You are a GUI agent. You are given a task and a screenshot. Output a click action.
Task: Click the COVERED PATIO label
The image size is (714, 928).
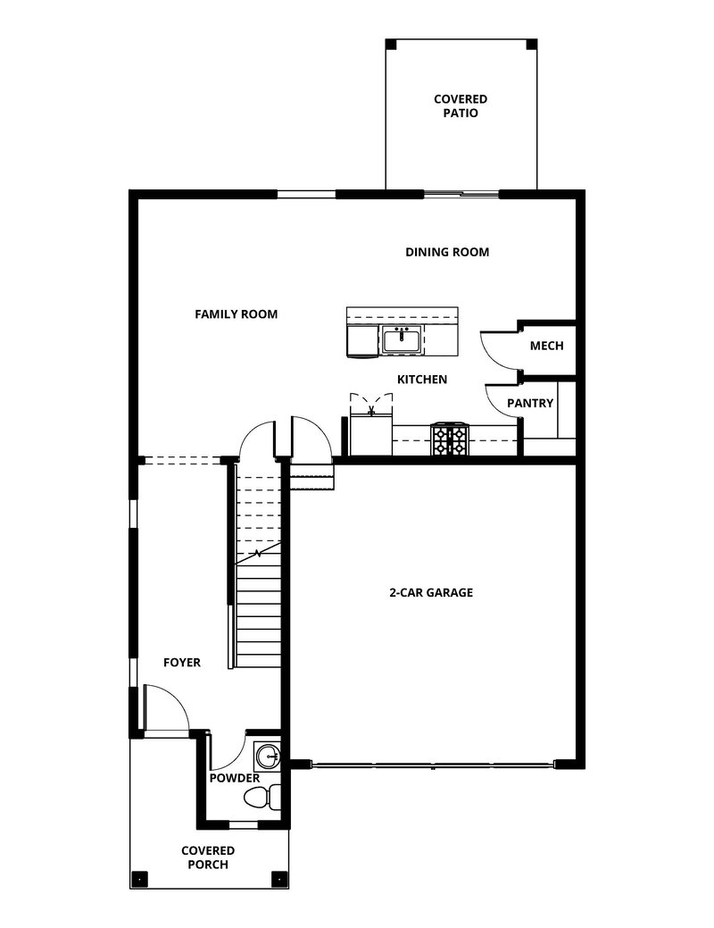point(461,106)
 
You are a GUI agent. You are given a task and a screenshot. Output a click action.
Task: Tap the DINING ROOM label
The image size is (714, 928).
point(447,253)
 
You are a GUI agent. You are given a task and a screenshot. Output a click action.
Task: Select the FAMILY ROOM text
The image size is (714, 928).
point(237,314)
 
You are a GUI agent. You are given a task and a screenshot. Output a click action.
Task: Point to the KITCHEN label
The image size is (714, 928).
point(422,380)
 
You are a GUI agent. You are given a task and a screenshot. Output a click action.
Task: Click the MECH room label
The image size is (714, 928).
point(546,346)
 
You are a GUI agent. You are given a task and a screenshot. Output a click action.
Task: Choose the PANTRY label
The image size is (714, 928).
point(530,404)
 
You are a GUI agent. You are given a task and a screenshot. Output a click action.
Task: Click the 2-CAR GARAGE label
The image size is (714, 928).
point(431,592)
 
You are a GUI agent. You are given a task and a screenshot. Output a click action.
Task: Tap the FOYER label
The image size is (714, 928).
point(182,663)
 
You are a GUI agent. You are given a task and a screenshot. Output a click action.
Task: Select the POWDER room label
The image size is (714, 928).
point(235,778)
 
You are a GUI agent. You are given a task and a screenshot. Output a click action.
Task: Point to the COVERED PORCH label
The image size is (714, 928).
point(208,857)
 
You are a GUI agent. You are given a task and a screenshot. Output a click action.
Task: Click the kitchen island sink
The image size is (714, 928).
point(401,339)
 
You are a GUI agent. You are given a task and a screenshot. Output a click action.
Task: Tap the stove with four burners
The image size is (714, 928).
point(449,439)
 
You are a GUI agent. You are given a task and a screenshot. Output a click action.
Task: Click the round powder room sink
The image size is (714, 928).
point(267,757)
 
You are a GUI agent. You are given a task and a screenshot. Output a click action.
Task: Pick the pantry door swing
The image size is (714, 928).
point(500,406)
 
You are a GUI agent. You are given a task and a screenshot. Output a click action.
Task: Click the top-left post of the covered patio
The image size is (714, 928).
point(391,44)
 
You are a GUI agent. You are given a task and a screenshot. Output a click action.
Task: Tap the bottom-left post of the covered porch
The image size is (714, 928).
point(137,878)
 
